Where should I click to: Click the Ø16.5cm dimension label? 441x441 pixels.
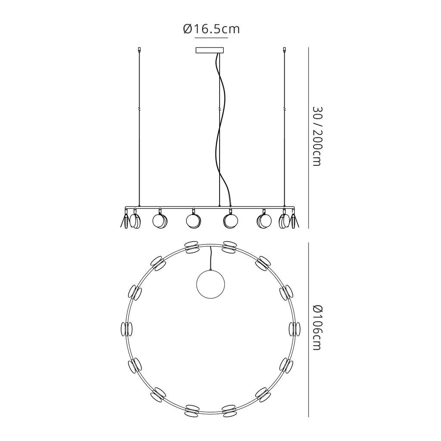[x=211, y=29]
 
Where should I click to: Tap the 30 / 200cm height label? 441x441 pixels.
[x=317, y=136]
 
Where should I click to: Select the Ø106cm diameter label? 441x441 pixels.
[x=317, y=327]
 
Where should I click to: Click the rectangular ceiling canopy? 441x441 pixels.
[x=210, y=50]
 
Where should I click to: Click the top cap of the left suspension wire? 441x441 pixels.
[x=139, y=50]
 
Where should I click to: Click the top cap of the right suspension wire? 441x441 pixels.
[x=285, y=50]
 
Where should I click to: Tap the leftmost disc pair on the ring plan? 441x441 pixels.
[x=127, y=329]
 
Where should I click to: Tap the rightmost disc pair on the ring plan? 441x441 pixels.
[x=295, y=329]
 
